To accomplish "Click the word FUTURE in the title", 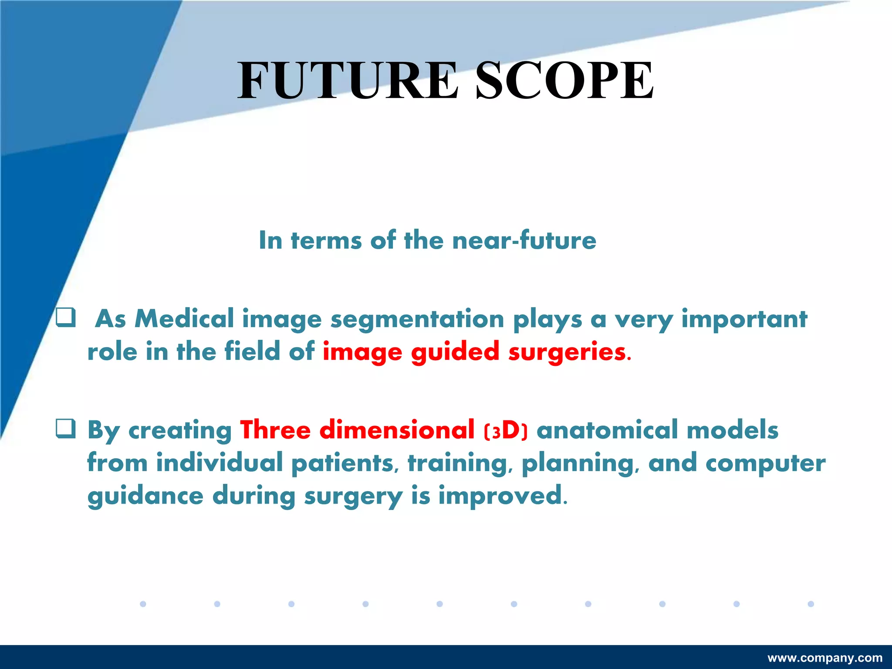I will tap(348, 81).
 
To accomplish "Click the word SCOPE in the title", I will tap(564, 81).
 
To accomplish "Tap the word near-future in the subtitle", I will tap(524, 240).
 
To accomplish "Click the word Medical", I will tap(184, 319).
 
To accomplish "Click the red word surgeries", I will tap(567, 352).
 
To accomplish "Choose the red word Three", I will tap(275, 430).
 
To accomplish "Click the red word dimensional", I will tap(397, 430).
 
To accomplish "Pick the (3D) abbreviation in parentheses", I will tap(505, 431).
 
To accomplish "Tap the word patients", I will tap(342, 463).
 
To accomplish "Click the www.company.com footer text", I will tap(825, 658).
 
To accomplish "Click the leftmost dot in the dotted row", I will tap(143, 604).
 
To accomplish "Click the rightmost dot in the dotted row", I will tap(811, 604).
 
